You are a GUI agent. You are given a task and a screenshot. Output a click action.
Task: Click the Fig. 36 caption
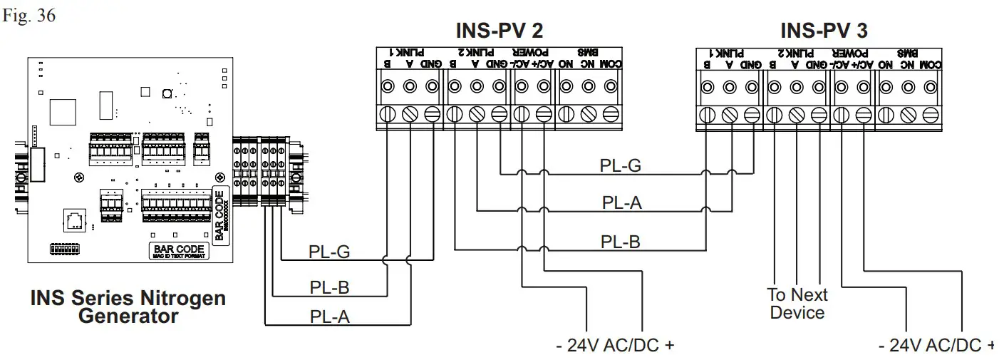(x=29, y=16)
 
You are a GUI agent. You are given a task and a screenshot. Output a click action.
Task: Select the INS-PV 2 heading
(x=499, y=31)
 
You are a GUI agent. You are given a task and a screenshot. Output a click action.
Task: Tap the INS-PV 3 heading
(x=824, y=31)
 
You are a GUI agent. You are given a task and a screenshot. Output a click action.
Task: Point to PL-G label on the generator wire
(x=329, y=252)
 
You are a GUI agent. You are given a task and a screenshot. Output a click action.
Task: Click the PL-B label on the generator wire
(x=329, y=287)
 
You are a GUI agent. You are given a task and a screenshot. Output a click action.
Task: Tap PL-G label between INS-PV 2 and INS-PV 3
(x=620, y=166)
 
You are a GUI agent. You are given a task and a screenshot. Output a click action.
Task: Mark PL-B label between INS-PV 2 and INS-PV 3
(x=620, y=242)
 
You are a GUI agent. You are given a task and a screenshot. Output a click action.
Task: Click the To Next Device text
(x=797, y=304)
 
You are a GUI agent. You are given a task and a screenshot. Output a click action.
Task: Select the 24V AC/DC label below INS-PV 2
(x=614, y=346)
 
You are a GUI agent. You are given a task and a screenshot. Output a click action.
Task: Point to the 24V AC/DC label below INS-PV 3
(x=936, y=346)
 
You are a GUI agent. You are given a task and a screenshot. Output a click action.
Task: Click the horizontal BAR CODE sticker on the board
(x=179, y=250)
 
